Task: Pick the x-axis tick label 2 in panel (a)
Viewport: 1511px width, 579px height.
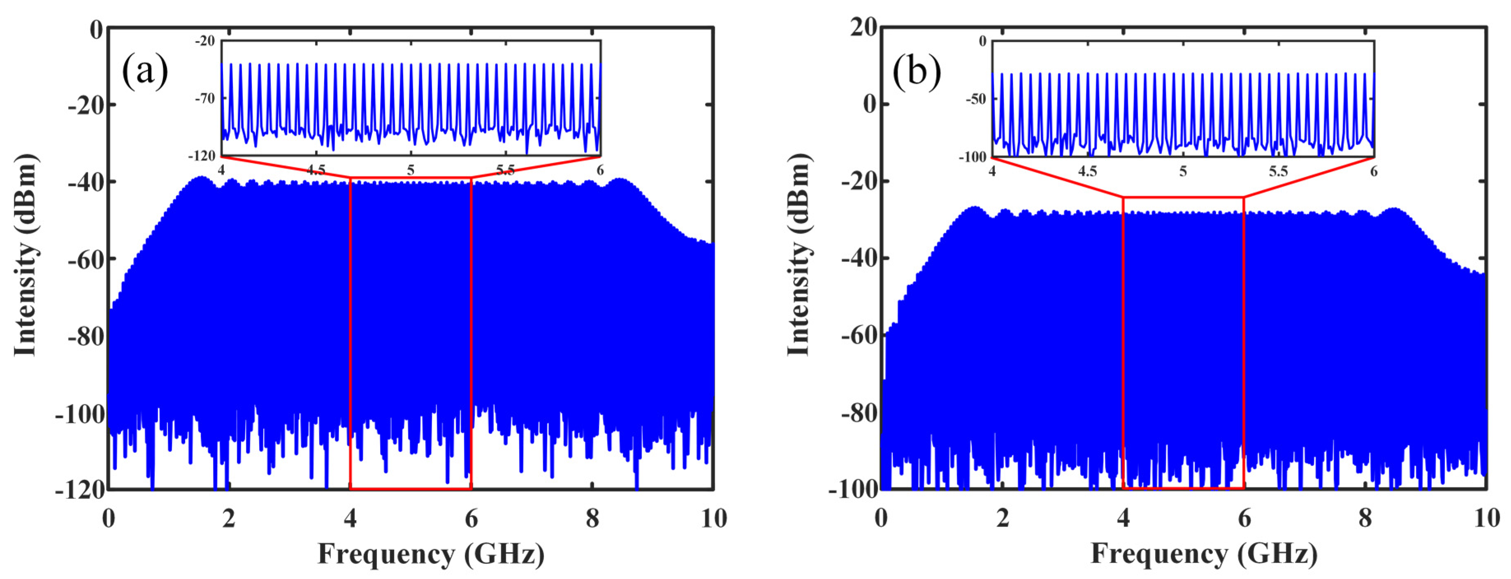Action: (x=229, y=518)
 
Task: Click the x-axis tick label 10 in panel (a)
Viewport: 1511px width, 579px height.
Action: (x=713, y=518)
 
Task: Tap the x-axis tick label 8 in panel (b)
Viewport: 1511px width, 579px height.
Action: (x=1365, y=518)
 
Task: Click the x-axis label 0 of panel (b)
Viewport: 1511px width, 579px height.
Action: (x=881, y=518)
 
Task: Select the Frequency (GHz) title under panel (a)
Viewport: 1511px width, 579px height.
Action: (x=431, y=554)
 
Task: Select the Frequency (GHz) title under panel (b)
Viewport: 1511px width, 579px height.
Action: (x=1204, y=554)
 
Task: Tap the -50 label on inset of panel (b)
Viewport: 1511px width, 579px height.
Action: (x=976, y=99)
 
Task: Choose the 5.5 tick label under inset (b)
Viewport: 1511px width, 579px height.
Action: (x=1278, y=171)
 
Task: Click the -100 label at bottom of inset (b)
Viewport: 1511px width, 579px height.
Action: (x=973, y=157)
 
